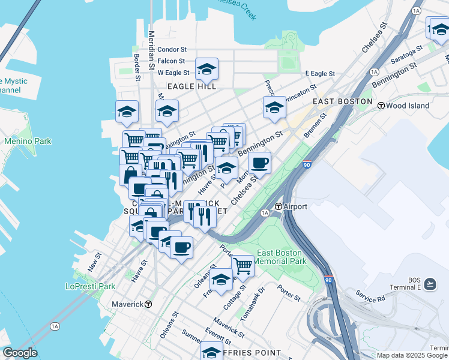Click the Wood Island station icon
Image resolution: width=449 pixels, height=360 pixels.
[x=381, y=106]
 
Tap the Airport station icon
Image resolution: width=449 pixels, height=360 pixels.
[x=279, y=206]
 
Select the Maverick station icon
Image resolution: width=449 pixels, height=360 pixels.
[x=148, y=304]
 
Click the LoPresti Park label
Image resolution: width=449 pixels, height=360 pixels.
[x=91, y=286]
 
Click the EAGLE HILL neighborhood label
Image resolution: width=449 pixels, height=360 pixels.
[x=191, y=86]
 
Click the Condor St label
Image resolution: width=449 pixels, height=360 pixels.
[x=172, y=50]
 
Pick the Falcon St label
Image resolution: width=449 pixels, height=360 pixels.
[x=172, y=61]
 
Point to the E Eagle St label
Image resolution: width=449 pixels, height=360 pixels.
[x=319, y=73]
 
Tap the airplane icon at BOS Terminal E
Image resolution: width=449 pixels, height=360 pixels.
[x=430, y=283]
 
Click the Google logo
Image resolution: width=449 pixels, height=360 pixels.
[x=19, y=353]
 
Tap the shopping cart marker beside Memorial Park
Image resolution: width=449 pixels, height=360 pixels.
[x=243, y=264]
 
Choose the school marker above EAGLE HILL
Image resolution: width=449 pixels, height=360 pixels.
[x=206, y=70]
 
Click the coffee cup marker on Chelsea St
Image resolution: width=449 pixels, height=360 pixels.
[x=259, y=163]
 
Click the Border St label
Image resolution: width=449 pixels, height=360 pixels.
[x=137, y=67]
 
